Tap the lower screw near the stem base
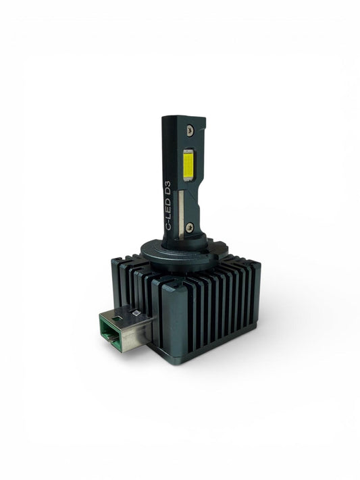(190, 227)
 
